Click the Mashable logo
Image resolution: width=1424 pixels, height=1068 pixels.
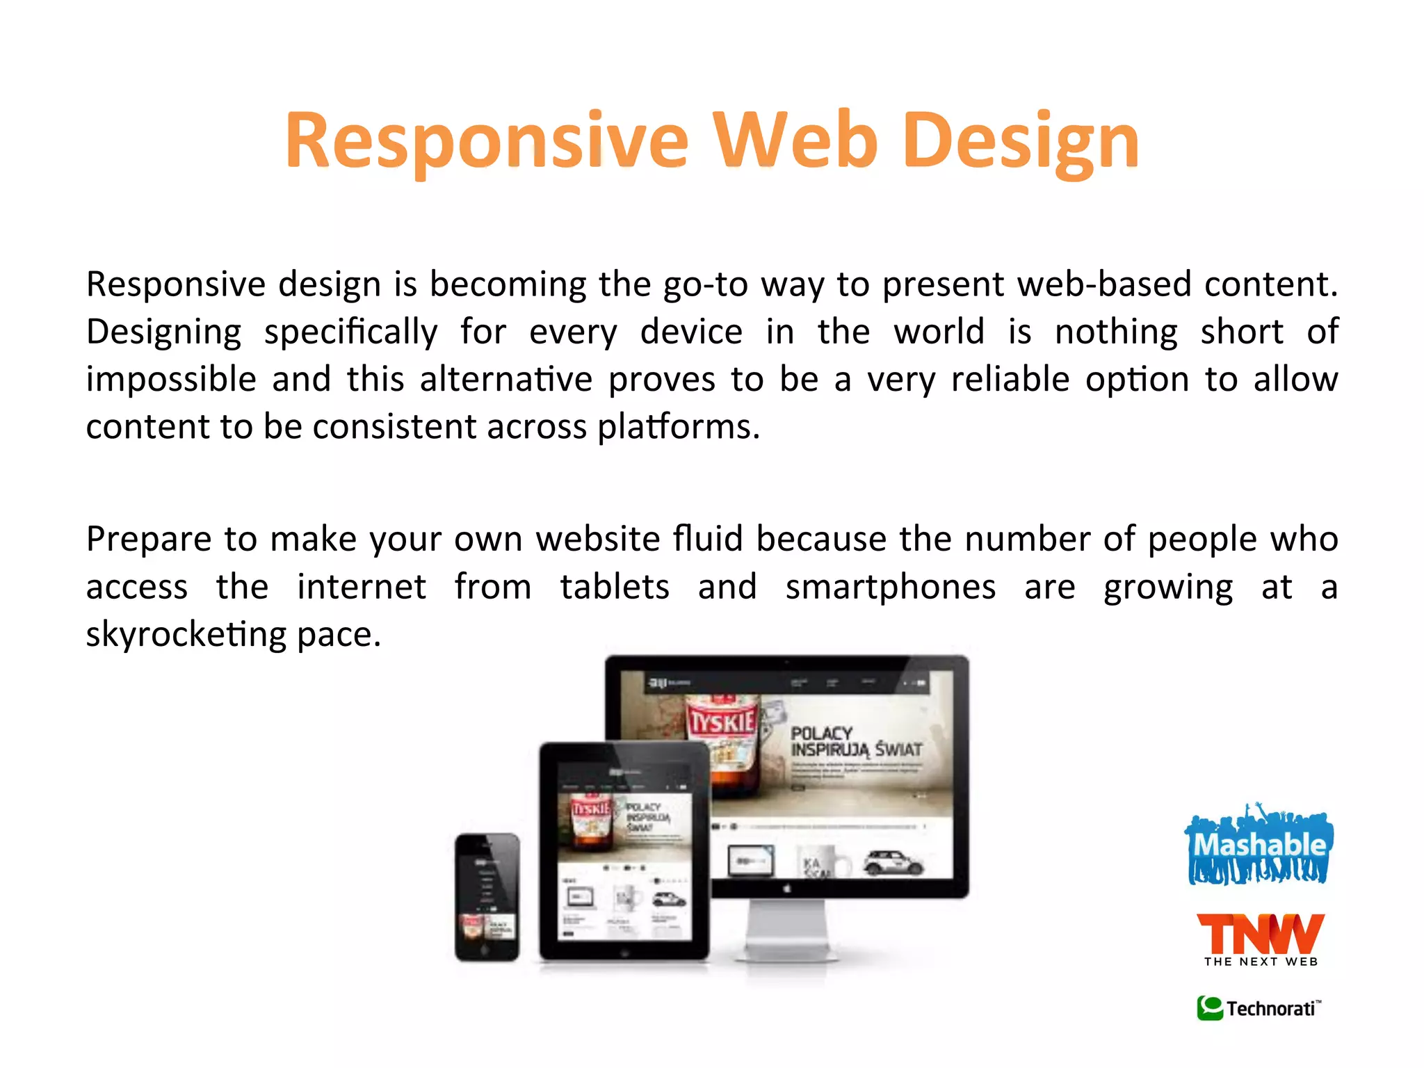point(1259,845)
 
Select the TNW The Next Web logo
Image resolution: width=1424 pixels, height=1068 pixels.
point(1260,939)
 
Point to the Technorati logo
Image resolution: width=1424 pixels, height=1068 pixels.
point(1259,1008)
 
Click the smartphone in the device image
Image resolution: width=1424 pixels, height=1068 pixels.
point(487,897)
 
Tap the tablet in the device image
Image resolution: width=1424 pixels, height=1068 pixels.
point(624,852)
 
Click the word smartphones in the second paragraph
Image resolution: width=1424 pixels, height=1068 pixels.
point(890,588)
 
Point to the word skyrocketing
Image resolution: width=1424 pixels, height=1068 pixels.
point(186,635)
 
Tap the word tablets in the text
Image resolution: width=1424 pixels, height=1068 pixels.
point(615,588)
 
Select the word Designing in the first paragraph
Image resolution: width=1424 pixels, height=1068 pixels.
point(163,332)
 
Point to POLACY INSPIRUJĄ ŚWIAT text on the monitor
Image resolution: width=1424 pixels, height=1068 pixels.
point(855,742)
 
